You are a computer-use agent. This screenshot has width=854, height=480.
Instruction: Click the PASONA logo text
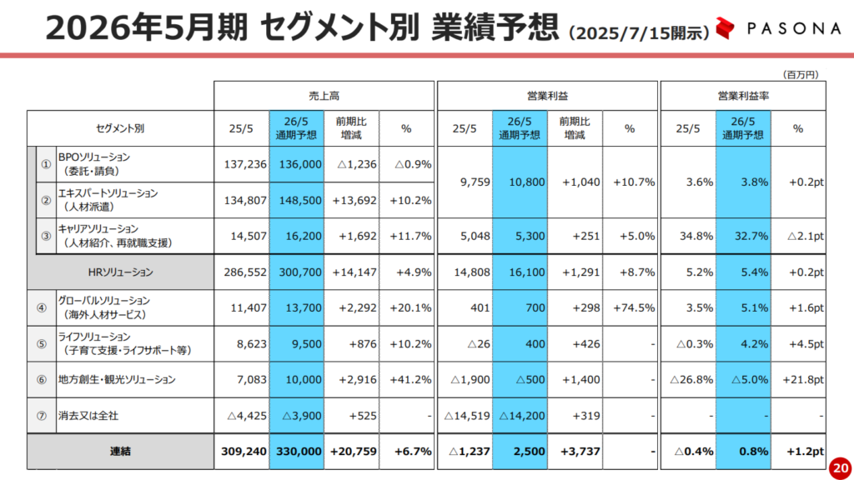point(793,28)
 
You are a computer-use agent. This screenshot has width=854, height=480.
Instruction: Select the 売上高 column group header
point(324,96)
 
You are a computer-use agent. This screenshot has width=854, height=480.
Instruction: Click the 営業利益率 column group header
point(742,96)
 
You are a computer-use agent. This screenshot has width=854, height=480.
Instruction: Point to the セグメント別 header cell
point(120,129)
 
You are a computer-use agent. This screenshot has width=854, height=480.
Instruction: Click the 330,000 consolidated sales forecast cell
point(298,452)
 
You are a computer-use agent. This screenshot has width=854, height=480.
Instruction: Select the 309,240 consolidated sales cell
point(242,452)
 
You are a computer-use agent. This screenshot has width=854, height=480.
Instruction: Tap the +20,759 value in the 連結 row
point(351,452)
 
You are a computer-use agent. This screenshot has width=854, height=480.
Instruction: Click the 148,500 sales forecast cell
point(298,200)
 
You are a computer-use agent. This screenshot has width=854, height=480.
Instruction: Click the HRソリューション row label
point(120,272)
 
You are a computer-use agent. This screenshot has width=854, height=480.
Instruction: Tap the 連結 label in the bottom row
point(120,452)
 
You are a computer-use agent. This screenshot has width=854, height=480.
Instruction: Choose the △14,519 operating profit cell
point(465,415)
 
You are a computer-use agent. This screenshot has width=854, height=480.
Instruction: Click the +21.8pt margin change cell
point(801,379)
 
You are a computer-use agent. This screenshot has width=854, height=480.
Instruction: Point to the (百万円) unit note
point(801,74)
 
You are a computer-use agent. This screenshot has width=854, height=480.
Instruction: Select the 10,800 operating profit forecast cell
point(520,182)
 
